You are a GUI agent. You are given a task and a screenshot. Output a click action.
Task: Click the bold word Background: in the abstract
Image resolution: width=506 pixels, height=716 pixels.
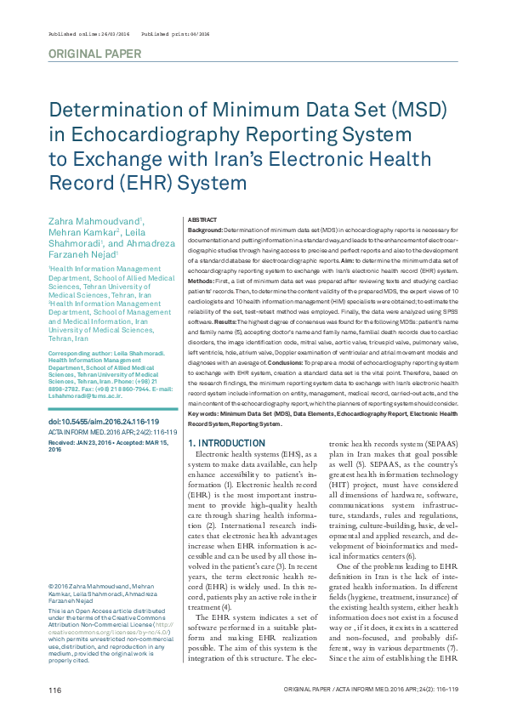(205, 230)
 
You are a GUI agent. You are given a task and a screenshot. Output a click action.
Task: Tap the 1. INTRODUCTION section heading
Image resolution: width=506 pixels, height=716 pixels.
(225, 443)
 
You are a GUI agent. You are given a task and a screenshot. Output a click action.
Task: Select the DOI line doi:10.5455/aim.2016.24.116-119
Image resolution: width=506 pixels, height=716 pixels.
(99, 422)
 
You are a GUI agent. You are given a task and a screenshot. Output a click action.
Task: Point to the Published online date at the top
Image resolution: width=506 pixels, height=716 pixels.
(82, 34)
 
